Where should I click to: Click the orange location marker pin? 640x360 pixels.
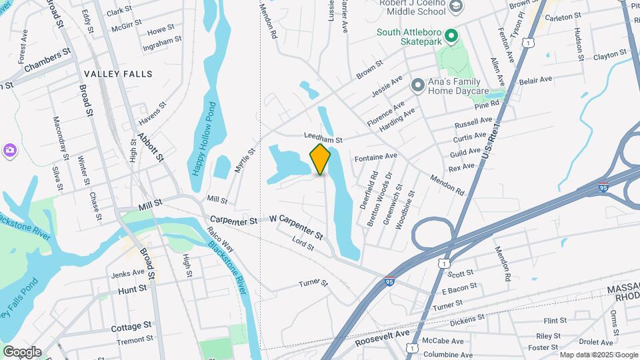coord(320,159)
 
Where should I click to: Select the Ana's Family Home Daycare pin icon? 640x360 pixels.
coord(418,85)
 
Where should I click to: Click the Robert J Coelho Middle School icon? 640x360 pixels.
coord(456,7)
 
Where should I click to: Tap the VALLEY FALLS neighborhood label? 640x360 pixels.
coord(117,74)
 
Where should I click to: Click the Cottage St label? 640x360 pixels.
coord(131,327)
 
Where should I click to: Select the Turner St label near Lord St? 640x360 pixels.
coord(313,283)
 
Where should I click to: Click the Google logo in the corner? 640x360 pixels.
coord(21,351)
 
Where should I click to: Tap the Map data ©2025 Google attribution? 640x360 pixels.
coord(598,355)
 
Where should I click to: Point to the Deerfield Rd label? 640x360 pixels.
coord(369,190)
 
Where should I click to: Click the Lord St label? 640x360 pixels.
coord(303,245)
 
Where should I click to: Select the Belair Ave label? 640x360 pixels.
coord(536,79)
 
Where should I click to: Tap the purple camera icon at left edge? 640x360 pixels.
coord(10,150)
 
